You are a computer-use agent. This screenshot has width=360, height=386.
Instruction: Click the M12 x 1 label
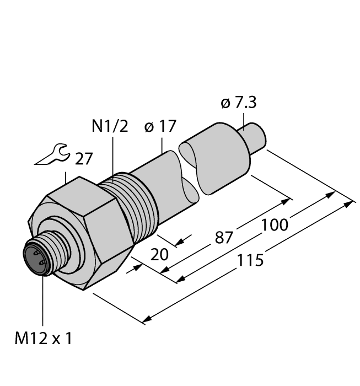point(42,339)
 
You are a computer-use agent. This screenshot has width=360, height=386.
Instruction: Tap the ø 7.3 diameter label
point(239,103)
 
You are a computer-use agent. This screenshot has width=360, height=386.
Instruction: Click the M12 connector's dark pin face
point(35,259)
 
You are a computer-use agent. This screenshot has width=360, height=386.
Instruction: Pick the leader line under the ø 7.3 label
point(244,119)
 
